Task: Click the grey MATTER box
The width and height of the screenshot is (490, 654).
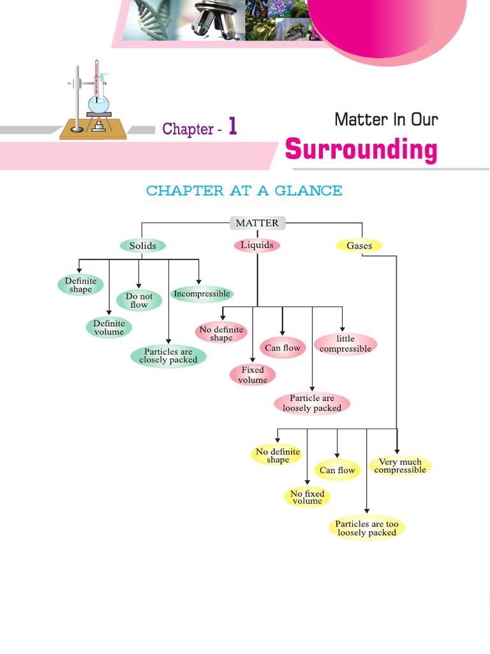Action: click(257, 223)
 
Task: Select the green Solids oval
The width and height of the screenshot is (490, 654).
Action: click(142, 246)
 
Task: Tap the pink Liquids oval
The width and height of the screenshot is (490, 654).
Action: click(256, 245)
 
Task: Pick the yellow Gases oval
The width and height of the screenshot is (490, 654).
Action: click(359, 246)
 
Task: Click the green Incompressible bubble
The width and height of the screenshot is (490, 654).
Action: click(202, 294)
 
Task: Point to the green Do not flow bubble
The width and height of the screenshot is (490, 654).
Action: click(139, 301)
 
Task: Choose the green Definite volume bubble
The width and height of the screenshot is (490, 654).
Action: click(108, 328)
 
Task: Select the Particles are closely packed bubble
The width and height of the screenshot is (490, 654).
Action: click(168, 356)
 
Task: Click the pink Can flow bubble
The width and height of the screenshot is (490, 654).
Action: click(282, 348)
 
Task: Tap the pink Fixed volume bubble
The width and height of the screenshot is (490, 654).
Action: click(253, 375)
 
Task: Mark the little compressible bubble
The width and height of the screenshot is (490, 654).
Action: click(345, 344)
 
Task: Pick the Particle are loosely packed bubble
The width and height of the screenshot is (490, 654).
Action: click(312, 403)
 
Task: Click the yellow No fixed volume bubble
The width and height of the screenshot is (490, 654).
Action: click(307, 498)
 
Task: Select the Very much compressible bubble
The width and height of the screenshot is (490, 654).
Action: click(400, 466)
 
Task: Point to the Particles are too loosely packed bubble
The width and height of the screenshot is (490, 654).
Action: click(367, 528)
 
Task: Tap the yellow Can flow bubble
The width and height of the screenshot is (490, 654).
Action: click(338, 471)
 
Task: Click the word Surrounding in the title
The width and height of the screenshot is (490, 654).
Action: click(361, 150)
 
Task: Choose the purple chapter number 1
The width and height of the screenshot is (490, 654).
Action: click(232, 127)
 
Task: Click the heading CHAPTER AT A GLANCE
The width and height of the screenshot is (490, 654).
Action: click(244, 191)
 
